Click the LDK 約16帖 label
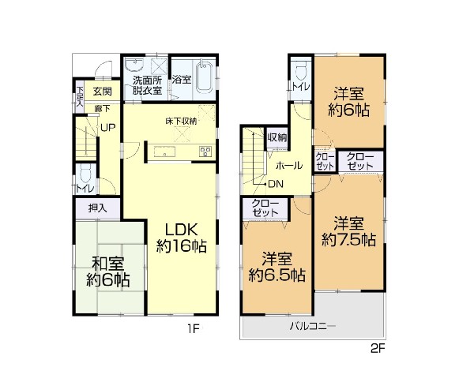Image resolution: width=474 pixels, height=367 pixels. (x=182, y=238)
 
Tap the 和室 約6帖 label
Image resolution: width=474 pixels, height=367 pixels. (x=108, y=272)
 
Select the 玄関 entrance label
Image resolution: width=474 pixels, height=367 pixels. (x=103, y=91)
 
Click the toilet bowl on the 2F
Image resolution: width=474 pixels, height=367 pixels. (x=301, y=71)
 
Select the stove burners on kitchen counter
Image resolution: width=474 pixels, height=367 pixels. (x=205, y=151)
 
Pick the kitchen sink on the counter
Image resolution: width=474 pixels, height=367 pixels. (x=165, y=152)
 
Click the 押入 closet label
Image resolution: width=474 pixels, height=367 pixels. (x=98, y=208)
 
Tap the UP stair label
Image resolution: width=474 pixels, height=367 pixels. (x=108, y=128)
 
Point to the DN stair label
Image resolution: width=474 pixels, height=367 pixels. (x=276, y=184)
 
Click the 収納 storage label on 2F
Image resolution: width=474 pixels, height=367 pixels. (x=277, y=138)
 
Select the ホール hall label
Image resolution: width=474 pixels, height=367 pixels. (x=289, y=166)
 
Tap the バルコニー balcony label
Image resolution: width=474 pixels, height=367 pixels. (x=313, y=326)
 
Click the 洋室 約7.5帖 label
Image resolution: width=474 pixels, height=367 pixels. (x=348, y=231)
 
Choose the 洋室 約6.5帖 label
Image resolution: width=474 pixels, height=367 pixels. (x=276, y=267)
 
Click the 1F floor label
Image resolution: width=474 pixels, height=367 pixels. (x=194, y=328)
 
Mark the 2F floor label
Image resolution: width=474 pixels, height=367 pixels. (x=378, y=349)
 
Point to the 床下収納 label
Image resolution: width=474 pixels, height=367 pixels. (x=181, y=121)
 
